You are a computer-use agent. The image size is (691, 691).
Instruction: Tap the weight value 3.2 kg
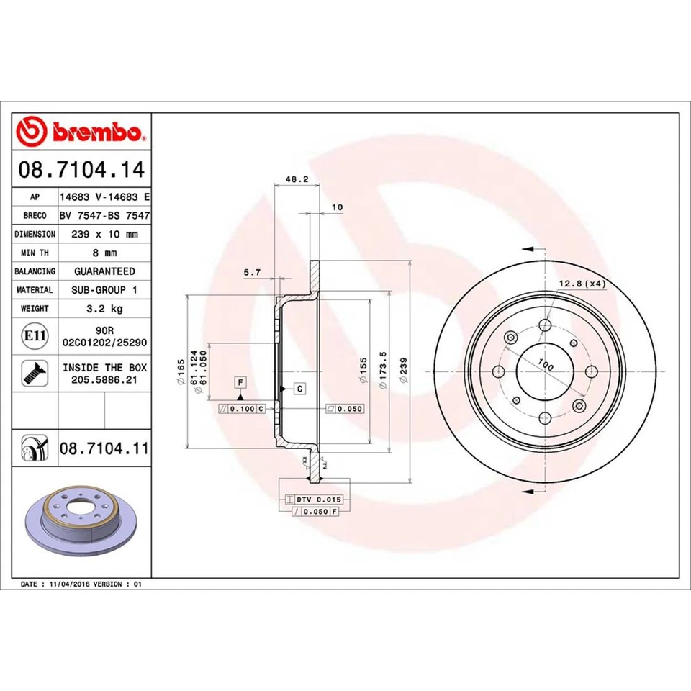click(x=104, y=308)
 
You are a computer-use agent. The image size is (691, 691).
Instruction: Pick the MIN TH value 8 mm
click(x=104, y=253)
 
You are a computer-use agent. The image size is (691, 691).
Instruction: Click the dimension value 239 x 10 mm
click(x=104, y=234)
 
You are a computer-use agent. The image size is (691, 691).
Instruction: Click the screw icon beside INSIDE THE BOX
click(x=33, y=372)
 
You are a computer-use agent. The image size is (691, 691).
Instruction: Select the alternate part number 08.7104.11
click(x=104, y=448)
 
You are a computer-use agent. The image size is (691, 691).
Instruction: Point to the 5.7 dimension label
click(x=252, y=272)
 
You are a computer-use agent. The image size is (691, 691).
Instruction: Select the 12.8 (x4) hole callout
click(x=582, y=284)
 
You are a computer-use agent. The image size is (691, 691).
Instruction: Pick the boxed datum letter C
click(x=299, y=389)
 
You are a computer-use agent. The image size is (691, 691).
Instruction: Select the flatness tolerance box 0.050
click(x=346, y=408)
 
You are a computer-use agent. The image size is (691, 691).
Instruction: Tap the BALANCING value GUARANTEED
click(x=104, y=271)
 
